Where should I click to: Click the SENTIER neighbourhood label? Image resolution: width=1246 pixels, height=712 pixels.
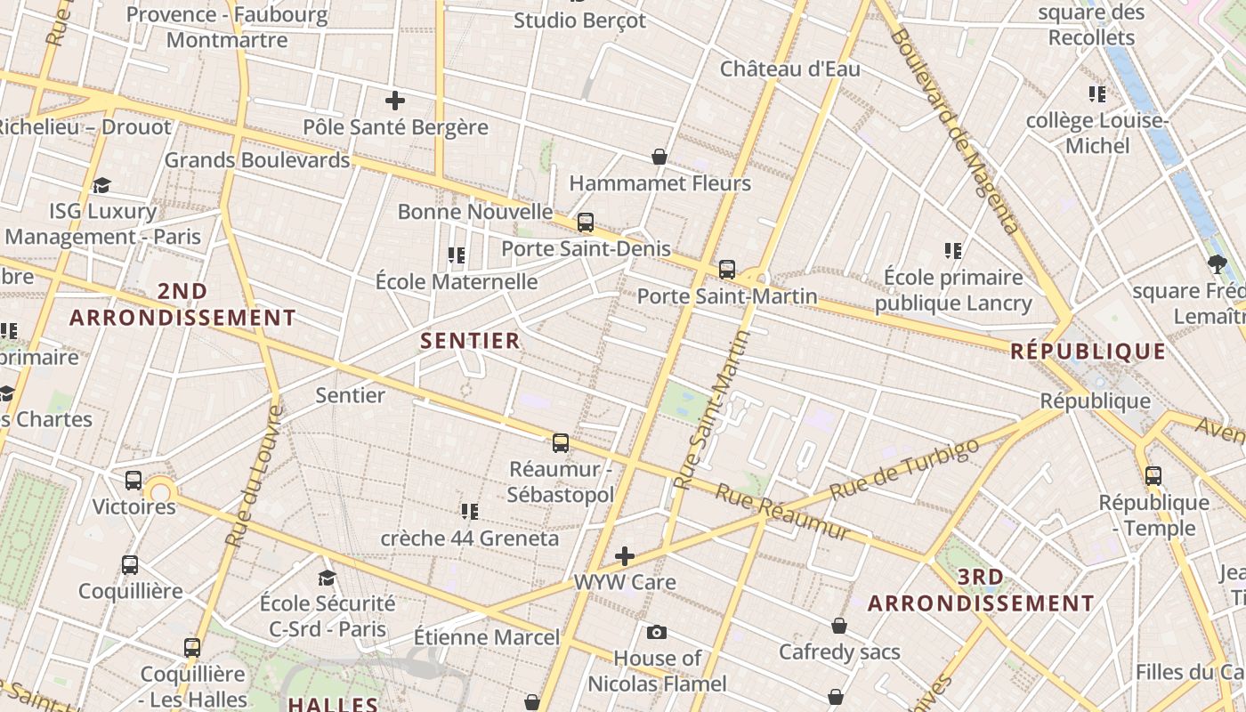click(x=470, y=341)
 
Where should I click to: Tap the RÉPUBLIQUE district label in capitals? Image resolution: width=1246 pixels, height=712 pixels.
click(x=1088, y=352)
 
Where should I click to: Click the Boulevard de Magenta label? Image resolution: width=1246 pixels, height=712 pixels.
click(x=954, y=130)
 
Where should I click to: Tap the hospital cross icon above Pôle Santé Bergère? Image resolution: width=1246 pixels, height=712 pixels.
click(x=395, y=101)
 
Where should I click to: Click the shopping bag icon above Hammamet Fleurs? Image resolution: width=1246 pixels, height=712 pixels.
click(x=659, y=158)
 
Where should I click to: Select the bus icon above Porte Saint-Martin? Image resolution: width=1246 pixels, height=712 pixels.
click(x=727, y=269)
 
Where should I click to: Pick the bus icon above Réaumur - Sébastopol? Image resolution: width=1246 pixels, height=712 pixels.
click(x=561, y=442)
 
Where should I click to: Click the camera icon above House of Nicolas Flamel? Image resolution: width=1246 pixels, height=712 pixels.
click(x=657, y=632)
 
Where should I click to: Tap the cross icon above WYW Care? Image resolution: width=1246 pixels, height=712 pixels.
click(x=625, y=557)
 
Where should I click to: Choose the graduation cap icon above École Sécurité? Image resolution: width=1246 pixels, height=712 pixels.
click(x=327, y=578)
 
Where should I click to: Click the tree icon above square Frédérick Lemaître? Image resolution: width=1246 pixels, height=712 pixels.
click(x=1218, y=263)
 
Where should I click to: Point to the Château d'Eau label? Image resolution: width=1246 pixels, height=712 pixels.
click(x=790, y=69)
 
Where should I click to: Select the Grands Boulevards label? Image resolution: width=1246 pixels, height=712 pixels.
click(x=257, y=160)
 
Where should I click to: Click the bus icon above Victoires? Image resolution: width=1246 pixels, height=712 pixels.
click(x=133, y=481)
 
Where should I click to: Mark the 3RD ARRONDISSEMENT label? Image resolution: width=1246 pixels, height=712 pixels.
click(x=981, y=590)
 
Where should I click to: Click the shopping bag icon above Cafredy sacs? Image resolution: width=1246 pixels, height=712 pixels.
click(x=839, y=626)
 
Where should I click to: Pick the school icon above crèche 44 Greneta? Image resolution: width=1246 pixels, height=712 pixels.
click(x=470, y=512)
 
